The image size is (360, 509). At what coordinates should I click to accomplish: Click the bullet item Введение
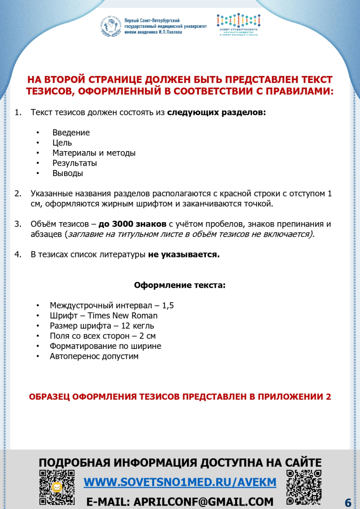pos(71,133)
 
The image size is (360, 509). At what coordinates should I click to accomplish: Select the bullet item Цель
pos(62,143)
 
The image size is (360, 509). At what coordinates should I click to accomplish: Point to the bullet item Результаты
pos(75,163)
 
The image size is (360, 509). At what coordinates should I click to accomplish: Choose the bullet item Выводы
pos(68,173)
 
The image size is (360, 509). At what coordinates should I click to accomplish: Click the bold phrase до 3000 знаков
pos(136,224)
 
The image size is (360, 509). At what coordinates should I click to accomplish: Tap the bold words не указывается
pos(183,254)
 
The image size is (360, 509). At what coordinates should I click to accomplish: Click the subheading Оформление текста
pos(180,285)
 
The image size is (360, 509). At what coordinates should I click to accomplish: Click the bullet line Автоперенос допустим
pos(94,356)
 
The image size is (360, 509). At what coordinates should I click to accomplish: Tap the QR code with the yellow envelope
pos(57,487)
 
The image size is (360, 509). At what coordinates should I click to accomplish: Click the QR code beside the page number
pos(304,487)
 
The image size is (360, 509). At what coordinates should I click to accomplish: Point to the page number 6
pos(348,502)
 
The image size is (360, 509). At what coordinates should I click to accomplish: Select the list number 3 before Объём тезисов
pos(17,224)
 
